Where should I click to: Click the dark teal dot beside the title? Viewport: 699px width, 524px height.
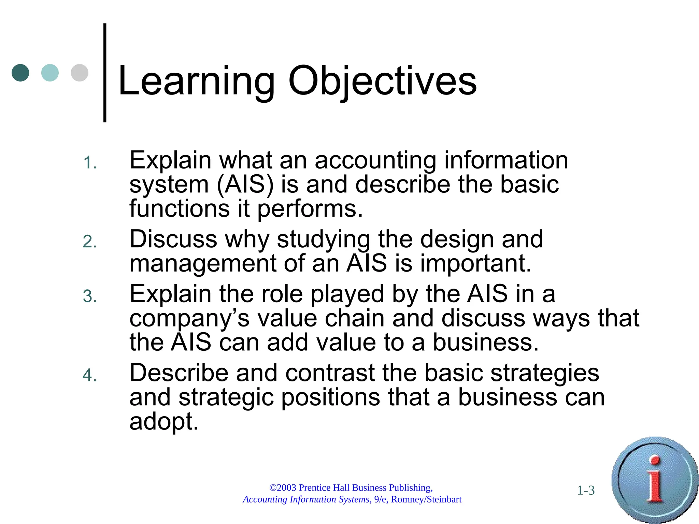pos(20,73)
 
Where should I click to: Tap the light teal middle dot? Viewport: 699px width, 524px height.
pos(50,73)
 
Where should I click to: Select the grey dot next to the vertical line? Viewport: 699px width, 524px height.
pos(80,73)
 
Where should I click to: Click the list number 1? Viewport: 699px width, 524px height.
pos(90,163)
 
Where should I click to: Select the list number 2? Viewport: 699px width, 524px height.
pos(90,242)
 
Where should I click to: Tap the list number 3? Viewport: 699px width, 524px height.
pos(90,296)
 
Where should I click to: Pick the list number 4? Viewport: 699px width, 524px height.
pos(90,375)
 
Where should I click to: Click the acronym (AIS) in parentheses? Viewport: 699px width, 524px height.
pos(245,185)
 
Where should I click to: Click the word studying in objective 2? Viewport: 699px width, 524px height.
pos(323,239)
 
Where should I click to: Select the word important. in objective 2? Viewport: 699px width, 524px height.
pos(475,264)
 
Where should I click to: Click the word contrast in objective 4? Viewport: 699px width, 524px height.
pos(330,373)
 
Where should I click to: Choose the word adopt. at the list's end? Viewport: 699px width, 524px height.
pos(164,422)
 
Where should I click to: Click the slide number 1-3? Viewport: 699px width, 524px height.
pos(586,491)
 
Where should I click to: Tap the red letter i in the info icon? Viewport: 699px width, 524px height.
pos(655,479)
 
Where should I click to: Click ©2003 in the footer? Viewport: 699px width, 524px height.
pos(283,488)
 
